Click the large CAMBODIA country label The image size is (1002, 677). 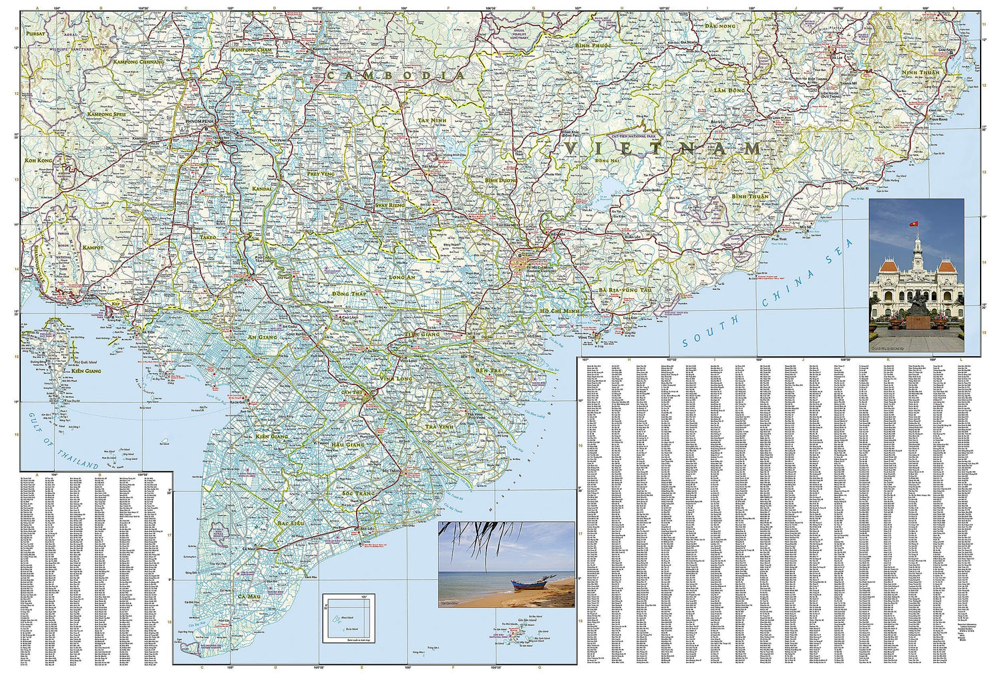(x=395, y=76)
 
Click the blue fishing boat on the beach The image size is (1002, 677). (x=527, y=584)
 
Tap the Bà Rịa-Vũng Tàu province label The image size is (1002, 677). (x=625, y=289)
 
